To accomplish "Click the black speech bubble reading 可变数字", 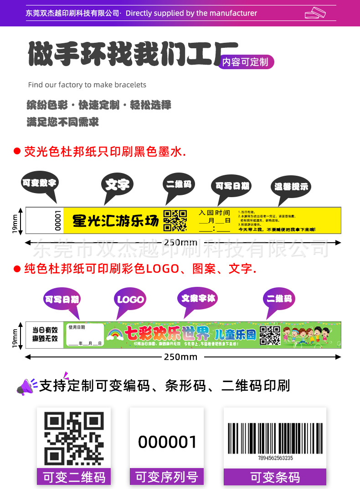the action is pyautogui.click(x=39, y=183).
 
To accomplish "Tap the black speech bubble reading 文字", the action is pyautogui.click(x=117, y=184).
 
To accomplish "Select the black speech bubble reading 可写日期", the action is pyautogui.click(x=232, y=186).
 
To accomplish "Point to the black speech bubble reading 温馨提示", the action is pyautogui.click(x=291, y=186).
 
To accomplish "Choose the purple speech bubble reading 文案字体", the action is pyautogui.click(x=198, y=298).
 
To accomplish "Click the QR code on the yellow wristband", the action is pyautogui.click(x=175, y=220).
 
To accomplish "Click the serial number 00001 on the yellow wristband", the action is pyautogui.click(x=57, y=220).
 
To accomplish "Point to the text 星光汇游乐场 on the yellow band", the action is pyautogui.click(x=116, y=221).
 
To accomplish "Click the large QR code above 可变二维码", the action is pyautogui.click(x=73, y=438).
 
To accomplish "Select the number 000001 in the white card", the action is pyautogui.click(x=167, y=442).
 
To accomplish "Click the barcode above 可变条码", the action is pyautogui.click(x=274, y=438).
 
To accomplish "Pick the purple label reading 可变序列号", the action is pyautogui.click(x=167, y=477).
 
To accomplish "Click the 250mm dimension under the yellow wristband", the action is pyautogui.click(x=181, y=242).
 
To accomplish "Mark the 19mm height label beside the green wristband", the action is pyautogui.click(x=15, y=336).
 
